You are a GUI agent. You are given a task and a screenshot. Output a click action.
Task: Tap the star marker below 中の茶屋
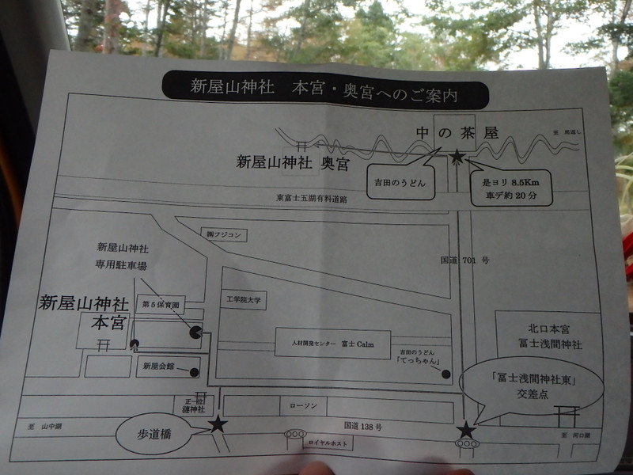coord(457,158)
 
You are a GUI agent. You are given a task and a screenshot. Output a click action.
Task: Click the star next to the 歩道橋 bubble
coord(218,425)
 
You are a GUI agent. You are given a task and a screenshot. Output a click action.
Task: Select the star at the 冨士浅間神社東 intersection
coord(466,431)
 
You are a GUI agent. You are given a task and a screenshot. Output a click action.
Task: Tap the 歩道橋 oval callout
coord(154,435)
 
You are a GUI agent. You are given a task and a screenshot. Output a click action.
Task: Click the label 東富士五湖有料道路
coord(312,199)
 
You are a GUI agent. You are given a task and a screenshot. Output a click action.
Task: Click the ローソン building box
coord(303,406)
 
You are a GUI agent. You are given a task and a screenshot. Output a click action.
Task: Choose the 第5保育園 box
coord(161,305)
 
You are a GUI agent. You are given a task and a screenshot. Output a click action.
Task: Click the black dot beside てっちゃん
coord(446,374)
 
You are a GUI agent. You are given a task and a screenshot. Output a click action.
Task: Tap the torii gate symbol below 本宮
coord(103,344)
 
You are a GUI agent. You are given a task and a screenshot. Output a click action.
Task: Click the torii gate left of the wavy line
coord(301,146)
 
